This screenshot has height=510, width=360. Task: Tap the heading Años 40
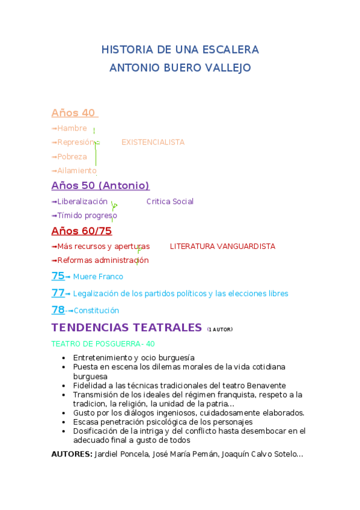73,113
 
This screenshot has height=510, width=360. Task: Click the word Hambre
72,128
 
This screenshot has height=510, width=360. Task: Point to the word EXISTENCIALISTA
153,143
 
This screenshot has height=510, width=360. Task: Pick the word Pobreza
72,156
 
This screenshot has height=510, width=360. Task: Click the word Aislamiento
76,171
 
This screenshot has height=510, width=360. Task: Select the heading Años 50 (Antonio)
100,185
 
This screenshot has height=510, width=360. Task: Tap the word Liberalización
82,201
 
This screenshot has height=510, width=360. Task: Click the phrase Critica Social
170,201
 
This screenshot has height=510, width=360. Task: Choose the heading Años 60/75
82,231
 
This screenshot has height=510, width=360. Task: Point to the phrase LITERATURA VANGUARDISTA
222,246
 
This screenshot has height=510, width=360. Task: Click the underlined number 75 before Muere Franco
58,276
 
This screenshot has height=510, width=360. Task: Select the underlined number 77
58,293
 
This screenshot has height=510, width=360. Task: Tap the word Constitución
96,310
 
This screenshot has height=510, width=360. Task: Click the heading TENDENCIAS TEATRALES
126,327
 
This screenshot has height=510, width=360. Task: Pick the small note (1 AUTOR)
219,330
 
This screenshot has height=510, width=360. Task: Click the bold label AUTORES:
72,455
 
